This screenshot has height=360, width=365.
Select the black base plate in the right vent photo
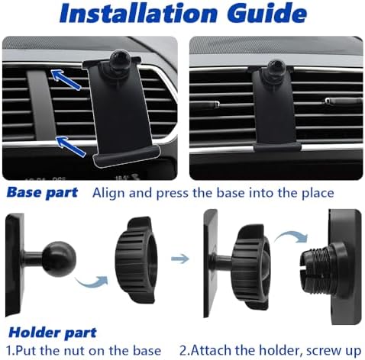point(273,114)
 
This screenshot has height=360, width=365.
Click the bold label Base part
point(41,192)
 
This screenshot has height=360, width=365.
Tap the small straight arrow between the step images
point(180,259)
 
